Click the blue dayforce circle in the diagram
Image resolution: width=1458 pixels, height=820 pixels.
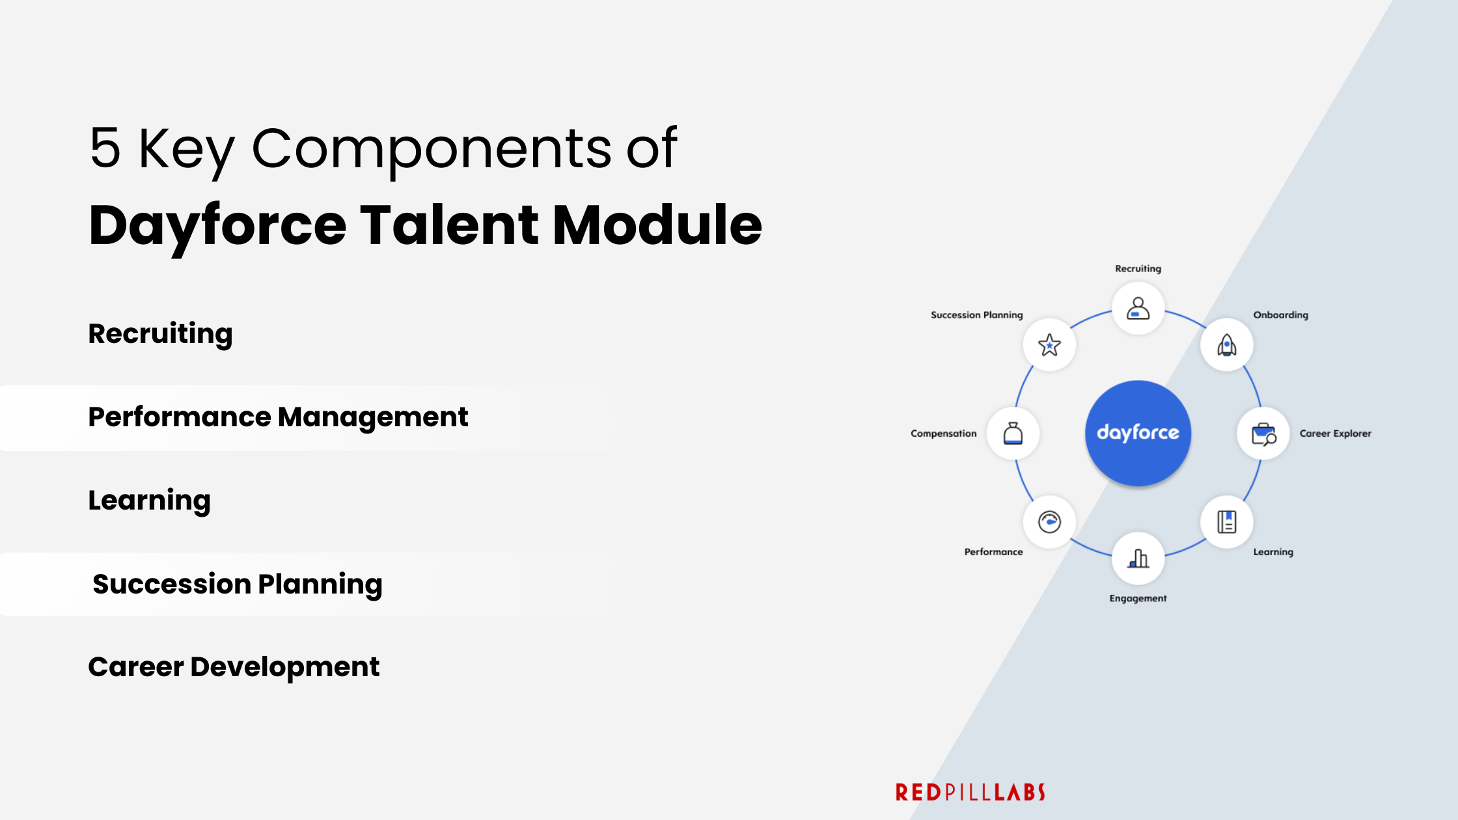coord(1138,433)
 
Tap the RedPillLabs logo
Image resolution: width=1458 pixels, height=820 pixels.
coord(970,792)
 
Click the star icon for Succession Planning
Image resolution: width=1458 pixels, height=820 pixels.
coord(1049,345)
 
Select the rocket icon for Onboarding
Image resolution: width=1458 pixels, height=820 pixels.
coord(1227,345)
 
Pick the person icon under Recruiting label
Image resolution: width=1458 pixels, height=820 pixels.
coord(1138,308)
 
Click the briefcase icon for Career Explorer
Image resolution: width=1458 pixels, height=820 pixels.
coord(1263,433)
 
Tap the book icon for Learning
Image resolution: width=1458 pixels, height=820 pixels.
coord(1227,522)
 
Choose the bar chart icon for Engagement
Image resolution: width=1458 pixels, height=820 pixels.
coord(1138,558)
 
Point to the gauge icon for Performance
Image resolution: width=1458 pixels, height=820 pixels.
coord(1049,522)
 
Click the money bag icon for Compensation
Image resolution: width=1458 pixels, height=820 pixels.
coord(1013,433)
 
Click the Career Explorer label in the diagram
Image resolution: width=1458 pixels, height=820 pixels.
coord(1335,433)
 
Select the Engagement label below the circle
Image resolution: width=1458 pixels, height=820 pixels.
coord(1138,598)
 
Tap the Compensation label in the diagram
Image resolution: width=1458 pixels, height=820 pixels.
coord(943,433)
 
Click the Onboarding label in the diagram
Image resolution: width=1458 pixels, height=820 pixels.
coord(1280,315)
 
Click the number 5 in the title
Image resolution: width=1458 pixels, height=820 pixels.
coord(105,148)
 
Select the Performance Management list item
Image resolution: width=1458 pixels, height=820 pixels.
coord(278,417)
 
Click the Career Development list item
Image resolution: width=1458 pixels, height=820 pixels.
coord(234,667)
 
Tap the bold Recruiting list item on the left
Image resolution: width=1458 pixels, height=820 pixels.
coord(160,334)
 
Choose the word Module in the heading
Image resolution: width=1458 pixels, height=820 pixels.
coord(657,225)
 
